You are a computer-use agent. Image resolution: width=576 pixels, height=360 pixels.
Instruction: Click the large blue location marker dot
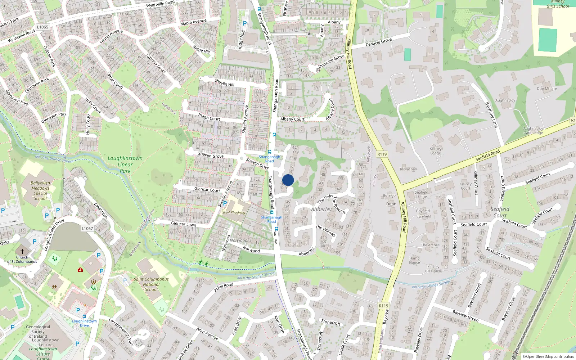point(288,180)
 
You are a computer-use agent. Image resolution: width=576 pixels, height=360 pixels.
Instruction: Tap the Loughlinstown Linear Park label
point(125,165)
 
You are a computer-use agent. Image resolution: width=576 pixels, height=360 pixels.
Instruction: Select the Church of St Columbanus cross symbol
point(22,251)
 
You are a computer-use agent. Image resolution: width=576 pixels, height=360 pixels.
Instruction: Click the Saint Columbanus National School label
point(151,284)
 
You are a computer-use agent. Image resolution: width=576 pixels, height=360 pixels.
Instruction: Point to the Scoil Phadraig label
point(234,212)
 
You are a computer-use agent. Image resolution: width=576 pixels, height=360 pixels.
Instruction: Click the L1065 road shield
point(42,27)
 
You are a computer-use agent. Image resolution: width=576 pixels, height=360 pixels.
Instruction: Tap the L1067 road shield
point(87,228)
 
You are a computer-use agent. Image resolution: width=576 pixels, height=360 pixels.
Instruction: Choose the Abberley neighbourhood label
point(321,210)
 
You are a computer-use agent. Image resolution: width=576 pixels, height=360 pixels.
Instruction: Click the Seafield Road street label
point(488,155)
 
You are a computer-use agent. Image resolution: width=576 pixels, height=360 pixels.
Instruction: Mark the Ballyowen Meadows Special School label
point(40,191)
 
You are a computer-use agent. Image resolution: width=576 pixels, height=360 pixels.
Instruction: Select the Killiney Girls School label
point(558,4)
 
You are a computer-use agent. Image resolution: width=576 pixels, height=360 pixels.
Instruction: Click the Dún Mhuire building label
point(546,89)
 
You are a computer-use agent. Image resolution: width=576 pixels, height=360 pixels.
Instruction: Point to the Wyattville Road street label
point(160,5)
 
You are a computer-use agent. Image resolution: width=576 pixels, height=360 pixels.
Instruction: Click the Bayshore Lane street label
point(491,115)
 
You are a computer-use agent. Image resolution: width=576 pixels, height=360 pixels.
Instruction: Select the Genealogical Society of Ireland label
point(38,332)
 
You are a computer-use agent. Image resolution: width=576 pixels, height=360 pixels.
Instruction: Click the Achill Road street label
point(224,287)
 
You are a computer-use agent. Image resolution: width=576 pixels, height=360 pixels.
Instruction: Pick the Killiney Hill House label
point(433,269)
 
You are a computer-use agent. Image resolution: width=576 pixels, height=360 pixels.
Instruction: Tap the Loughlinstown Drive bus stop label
point(84,323)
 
